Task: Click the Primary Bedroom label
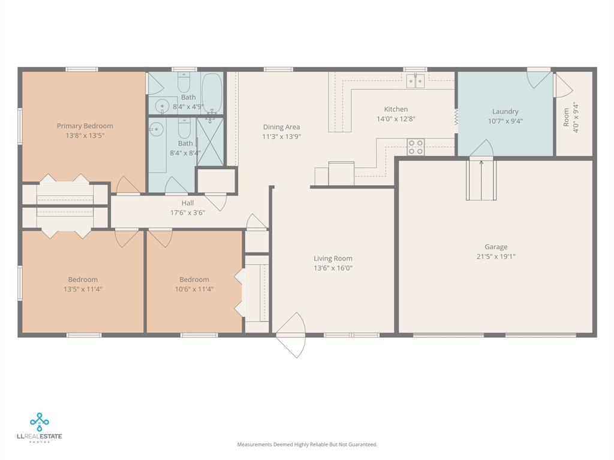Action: point(85,126)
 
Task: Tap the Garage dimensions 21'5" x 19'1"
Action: point(496,256)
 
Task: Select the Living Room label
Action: point(333,259)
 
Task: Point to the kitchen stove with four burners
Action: point(416,147)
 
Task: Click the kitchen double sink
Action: point(415,80)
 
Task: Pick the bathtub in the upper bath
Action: point(212,92)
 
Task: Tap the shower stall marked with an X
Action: point(210,142)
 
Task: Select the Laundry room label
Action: point(505,111)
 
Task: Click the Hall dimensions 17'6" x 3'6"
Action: point(188,212)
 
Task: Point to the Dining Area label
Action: point(281,127)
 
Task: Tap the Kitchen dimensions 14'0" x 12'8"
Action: point(396,119)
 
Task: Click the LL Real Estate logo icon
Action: point(40,422)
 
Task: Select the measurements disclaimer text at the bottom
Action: point(307,444)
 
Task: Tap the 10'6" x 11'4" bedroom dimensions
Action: point(194,289)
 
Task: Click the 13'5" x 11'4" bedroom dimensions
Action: point(83,289)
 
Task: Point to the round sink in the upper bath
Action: point(162,107)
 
